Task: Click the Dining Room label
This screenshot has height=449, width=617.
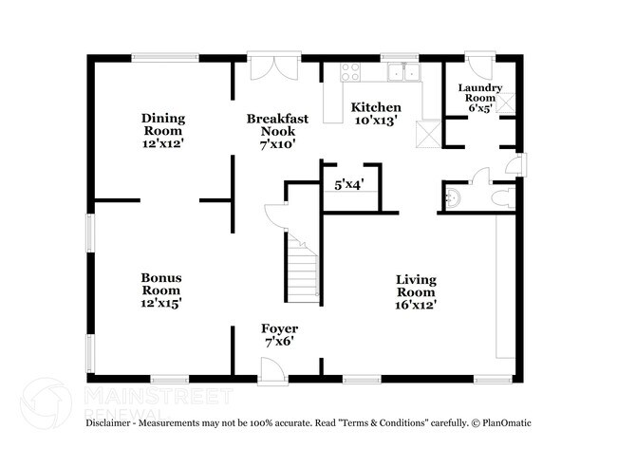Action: click(x=163, y=124)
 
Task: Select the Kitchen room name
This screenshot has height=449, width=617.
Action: click(x=376, y=107)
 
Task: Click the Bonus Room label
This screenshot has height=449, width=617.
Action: click(x=162, y=284)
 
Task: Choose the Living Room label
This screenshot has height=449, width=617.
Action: click(x=416, y=286)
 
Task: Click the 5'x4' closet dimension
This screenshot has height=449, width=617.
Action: click(x=349, y=186)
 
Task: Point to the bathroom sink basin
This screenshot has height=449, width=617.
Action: click(x=452, y=198)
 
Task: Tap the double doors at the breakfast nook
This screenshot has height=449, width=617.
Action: click(x=272, y=69)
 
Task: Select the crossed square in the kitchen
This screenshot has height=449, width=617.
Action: click(x=429, y=132)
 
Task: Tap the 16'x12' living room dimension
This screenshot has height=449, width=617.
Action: click(x=416, y=305)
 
